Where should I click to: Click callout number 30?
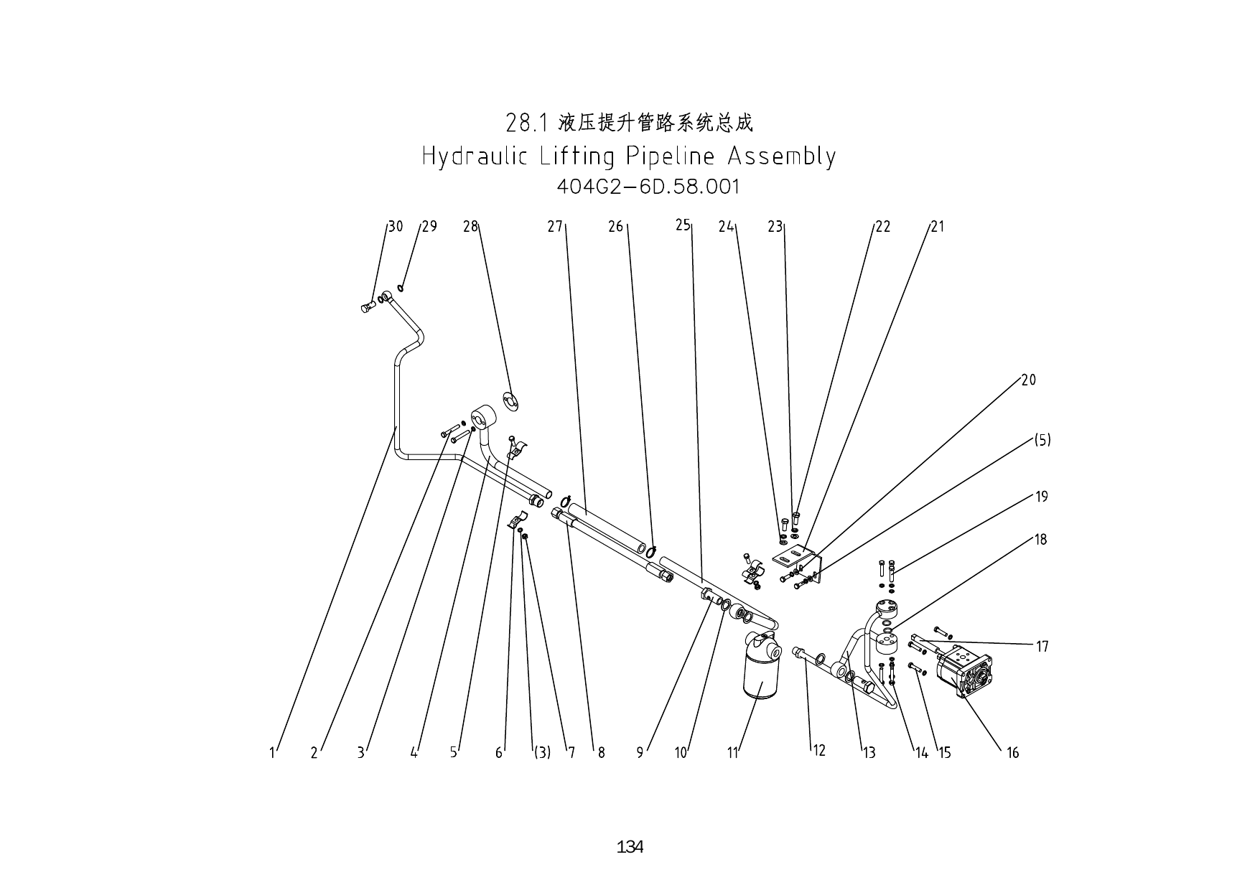coord(396,227)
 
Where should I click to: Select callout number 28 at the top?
coord(470,227)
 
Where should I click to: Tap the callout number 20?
coord(1028,380)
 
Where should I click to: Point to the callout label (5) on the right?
coord(1042,440)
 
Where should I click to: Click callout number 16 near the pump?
coord(1012,753)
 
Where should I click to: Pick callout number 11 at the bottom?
coord(732,753)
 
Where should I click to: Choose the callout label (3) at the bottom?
coord(541,753)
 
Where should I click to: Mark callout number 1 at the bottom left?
coord(272,753)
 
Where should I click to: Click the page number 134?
coord(630,847)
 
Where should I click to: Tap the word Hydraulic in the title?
coord(475,156)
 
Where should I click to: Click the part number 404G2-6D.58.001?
coord(648,187)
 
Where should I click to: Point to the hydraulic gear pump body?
coord(966,671)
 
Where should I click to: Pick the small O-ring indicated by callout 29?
coord(401,289)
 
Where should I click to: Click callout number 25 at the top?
coord(682,225)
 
